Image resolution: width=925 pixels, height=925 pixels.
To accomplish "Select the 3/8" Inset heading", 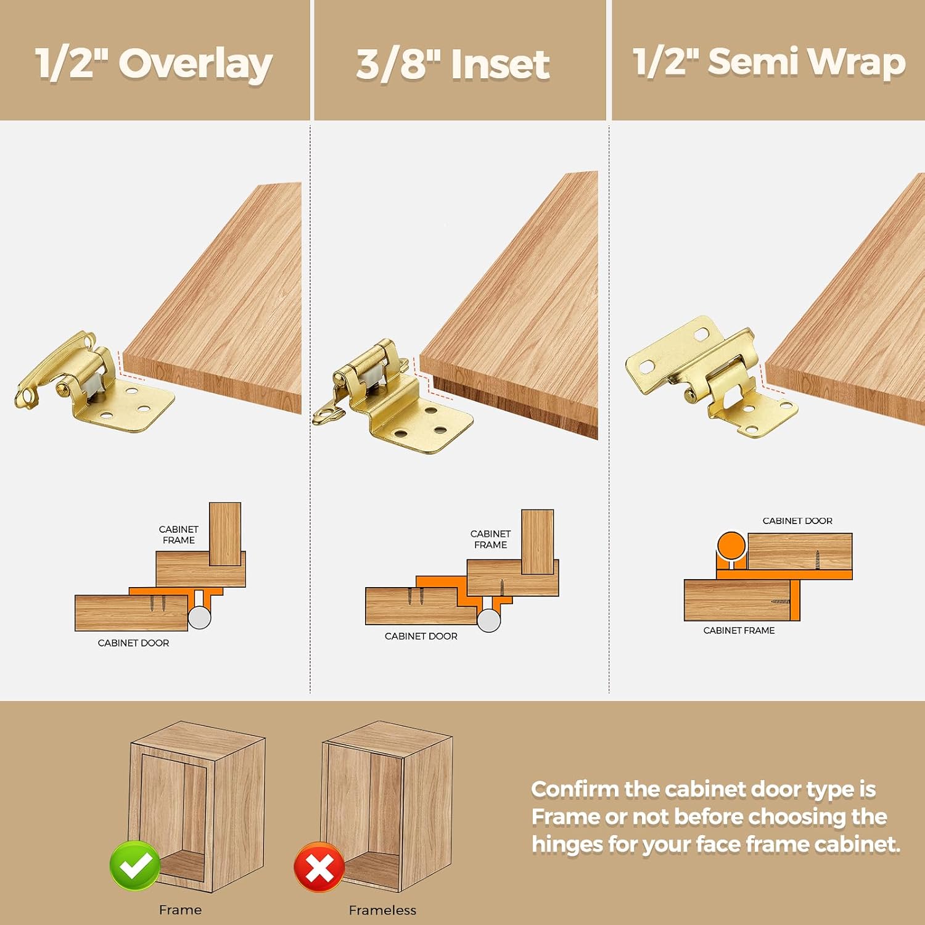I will point(453,64).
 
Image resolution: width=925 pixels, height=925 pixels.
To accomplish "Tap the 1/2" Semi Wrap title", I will point(769,62).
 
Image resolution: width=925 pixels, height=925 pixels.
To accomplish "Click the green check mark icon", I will point(135,865).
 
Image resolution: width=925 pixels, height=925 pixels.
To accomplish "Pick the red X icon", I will point(319,867).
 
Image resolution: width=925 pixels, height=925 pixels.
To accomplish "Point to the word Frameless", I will point(382,910).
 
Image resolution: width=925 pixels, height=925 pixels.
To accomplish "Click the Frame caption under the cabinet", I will point(180,910).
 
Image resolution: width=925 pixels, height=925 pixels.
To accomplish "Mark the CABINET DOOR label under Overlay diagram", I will point(133,643).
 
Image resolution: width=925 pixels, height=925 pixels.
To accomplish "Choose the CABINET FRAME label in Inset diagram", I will point(490,539).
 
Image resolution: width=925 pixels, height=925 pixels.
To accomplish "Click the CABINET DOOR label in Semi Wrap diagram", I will point(797,520).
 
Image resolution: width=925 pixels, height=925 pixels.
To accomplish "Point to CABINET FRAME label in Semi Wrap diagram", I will point(739,630).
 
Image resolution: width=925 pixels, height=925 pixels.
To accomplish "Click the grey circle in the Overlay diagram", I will point(199,617).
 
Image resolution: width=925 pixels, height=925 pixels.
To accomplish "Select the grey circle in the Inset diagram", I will point(489,620).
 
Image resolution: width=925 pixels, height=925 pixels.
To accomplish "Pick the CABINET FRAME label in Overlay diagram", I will point(178,535).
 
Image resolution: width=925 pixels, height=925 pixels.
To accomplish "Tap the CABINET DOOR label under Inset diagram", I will point(421,636).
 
